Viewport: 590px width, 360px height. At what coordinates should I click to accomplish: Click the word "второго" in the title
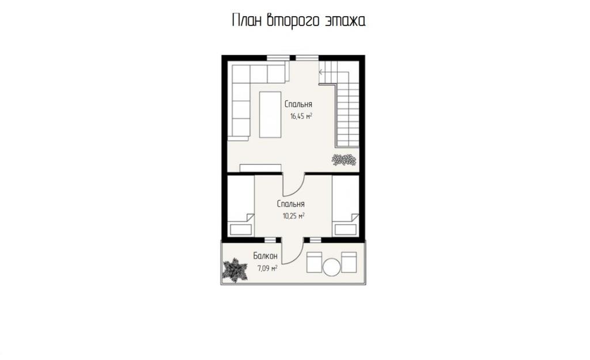pos(289,21)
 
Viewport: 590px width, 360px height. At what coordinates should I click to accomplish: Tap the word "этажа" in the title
pos(340,21)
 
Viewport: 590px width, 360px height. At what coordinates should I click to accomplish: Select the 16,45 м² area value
pos(301,116)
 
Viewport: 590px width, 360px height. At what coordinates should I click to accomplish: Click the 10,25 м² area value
pos(293,216)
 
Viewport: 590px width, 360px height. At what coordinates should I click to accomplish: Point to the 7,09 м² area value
pos(267,268)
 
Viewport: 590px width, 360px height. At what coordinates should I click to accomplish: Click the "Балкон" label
pos(265,256)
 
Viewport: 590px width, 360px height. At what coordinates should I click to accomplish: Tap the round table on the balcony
pos(331,267)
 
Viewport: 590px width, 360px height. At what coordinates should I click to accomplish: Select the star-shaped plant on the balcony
pos(235,270)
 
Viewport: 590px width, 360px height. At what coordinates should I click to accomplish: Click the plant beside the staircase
pos(343,160)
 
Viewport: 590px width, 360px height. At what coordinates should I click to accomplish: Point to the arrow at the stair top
pos(322,72)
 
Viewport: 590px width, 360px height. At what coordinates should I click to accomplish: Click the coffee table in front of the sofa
pos(270,115)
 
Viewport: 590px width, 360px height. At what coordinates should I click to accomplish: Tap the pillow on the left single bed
pos(241,229)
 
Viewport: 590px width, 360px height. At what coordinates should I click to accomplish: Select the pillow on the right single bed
pos(346,229)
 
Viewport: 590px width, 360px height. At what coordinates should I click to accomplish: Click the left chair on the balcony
pos(314,262)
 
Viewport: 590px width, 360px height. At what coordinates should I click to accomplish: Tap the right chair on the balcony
pos(349,262)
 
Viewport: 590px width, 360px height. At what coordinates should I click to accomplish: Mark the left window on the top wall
pos(278,58)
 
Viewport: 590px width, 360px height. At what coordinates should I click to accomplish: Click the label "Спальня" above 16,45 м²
pos(298,104)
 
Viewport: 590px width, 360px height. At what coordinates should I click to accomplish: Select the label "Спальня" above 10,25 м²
pos(291,204)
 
